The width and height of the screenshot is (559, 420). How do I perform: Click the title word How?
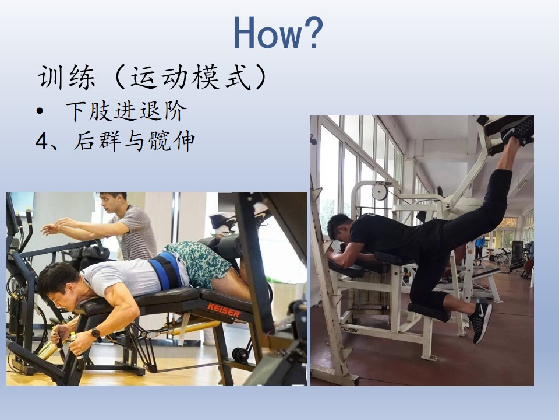(x=278, y=32)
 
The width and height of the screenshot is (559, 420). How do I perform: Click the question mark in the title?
(x=314, y=32)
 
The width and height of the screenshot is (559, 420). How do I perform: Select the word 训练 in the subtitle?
(x=67, y=77)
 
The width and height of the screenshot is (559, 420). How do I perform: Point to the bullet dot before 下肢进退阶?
(x=40, y=111)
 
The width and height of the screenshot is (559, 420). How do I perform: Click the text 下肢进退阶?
(x=126, y=111)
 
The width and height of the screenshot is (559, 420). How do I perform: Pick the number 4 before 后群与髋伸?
(x=42, y=141)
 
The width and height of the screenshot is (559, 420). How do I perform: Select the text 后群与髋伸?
(x=135, y=141)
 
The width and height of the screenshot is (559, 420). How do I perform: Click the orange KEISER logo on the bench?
(x=224, y=310)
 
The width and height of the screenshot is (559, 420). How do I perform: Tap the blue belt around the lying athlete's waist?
(x=167, y=269)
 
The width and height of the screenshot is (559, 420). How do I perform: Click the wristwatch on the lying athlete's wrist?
(x=96, y=334)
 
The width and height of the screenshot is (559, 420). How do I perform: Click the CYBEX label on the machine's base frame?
(x=349, y=330)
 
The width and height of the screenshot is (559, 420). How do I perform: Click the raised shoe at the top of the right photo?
(x=517, y=130)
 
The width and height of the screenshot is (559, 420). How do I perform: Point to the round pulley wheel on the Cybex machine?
(x=379, y=192)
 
